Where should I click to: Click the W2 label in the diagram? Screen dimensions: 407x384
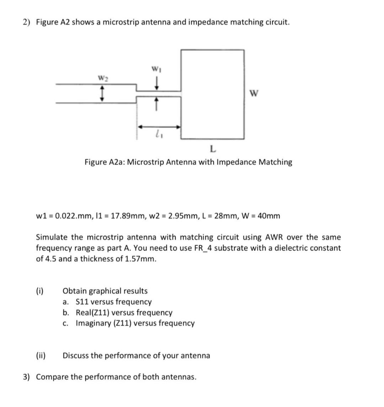pos(102,77)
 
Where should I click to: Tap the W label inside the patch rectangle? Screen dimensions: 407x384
pos(254,93)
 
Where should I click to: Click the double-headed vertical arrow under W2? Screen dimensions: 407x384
pos(102,94)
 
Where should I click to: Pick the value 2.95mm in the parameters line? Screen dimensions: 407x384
pos(181,216)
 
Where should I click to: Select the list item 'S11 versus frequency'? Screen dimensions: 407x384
pos(113,302)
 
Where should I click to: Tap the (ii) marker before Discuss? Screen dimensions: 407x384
pos(41,355)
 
